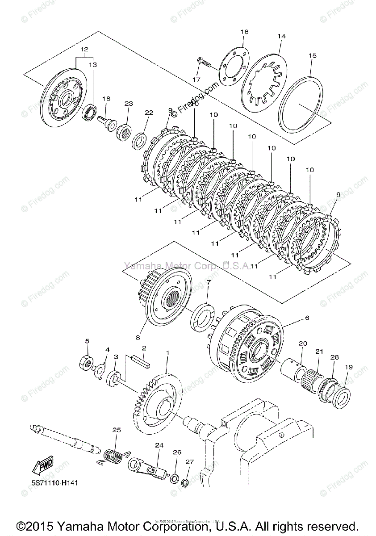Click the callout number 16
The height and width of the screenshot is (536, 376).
coord(244,32)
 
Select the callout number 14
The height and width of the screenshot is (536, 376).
coord(281,36)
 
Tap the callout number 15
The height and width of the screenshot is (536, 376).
coord(312,56)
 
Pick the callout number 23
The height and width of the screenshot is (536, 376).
coord(129,103)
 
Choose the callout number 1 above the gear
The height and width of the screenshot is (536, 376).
coord(167,353)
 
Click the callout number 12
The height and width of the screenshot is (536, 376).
coord(84,49)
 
